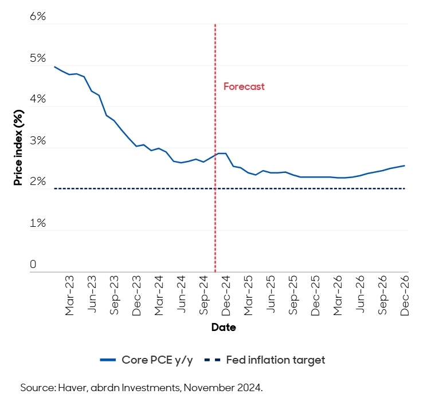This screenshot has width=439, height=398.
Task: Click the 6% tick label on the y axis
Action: [37, 16]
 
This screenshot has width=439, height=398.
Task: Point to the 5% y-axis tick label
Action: [37, 58]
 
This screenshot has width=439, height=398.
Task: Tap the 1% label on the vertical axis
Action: [37, 223]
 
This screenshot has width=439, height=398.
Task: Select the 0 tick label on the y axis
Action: [33, 264]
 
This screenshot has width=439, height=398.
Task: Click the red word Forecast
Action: [244, 86]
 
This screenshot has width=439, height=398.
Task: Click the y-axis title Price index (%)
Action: [19, 147]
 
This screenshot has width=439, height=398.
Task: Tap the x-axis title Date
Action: [223, 328]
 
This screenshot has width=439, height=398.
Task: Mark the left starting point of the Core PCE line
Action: [54, 67]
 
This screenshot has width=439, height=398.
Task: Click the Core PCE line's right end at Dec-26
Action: [405, 165]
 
